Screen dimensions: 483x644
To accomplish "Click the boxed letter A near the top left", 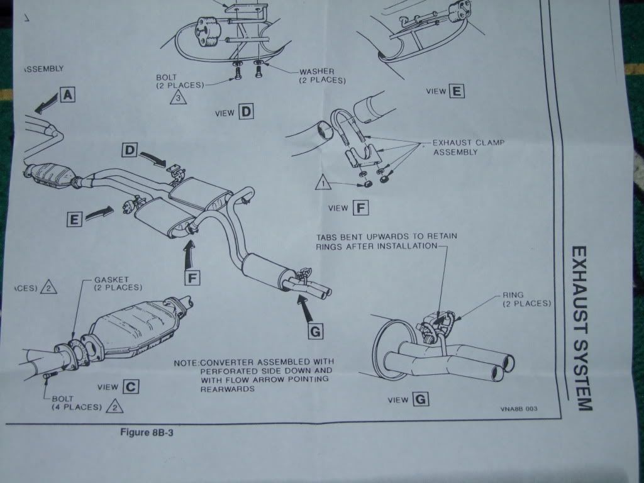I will [x=68, y=95].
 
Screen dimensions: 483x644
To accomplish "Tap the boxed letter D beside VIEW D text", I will [x=246, y=113].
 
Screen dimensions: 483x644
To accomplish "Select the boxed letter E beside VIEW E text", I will [x=457, y=91].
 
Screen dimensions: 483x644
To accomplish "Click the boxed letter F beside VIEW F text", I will [x=362, y=207].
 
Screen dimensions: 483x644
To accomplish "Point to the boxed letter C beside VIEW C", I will [x=131, y=387].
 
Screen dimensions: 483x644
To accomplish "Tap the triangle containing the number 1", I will [x=323, y=184].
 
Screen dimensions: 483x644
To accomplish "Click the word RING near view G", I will [x=513, y=294].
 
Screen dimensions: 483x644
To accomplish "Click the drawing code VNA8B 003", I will [x=519, y=408].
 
